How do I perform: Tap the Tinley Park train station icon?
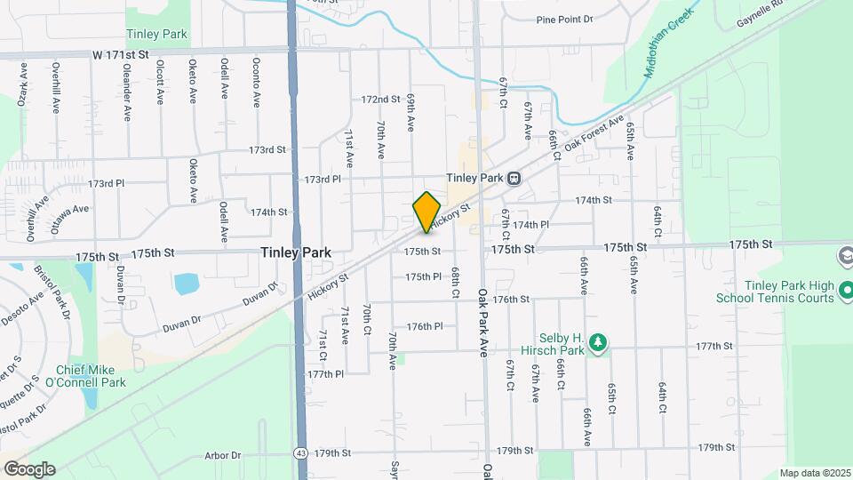(514, 178)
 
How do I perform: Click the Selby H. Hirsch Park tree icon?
(599, 342)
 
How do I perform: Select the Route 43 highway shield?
(302, 453)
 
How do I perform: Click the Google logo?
(29, 468)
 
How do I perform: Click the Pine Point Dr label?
(564, 20)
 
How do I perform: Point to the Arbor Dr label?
(223, 455)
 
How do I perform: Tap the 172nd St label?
(380, 99)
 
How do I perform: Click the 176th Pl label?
(425, 326)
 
